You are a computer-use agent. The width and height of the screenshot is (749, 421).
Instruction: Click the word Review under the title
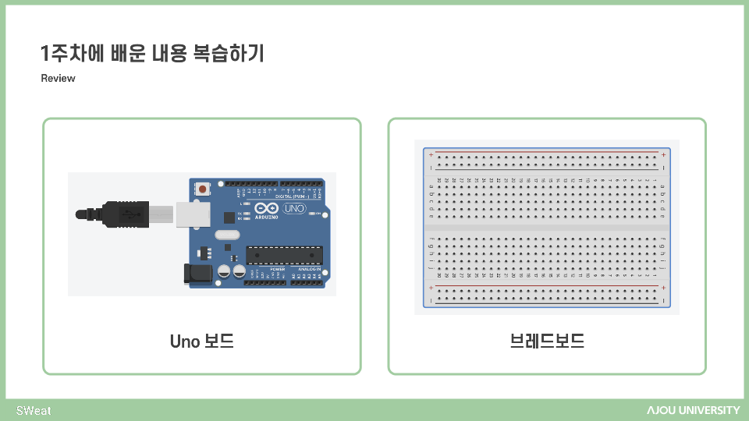(58, 79)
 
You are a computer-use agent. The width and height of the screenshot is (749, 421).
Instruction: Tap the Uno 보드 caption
(201, 341)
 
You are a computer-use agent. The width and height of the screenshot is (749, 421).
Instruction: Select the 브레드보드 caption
(546, 341)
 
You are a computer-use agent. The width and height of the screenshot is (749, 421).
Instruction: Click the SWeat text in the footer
(34, 410)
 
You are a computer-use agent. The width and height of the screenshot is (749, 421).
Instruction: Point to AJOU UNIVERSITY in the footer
(693, 410)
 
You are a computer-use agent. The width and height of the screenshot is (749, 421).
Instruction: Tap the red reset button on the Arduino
(203, 188)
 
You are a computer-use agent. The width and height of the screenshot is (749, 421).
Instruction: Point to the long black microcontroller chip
(284, 255)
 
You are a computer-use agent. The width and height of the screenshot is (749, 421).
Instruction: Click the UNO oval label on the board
(295, 209)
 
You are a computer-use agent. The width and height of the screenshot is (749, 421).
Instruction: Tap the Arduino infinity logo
(265, 209)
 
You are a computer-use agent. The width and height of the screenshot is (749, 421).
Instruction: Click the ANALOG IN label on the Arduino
(308, 269)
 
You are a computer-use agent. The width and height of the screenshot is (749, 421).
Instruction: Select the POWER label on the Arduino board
(277, 269)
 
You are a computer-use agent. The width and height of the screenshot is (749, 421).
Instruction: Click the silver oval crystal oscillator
(226, 235)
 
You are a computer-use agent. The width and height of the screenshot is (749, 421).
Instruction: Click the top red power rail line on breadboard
(546, 151)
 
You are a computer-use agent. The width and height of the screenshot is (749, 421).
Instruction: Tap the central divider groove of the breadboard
(546, 226)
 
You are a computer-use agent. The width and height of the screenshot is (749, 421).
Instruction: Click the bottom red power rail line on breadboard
(546, 285)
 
